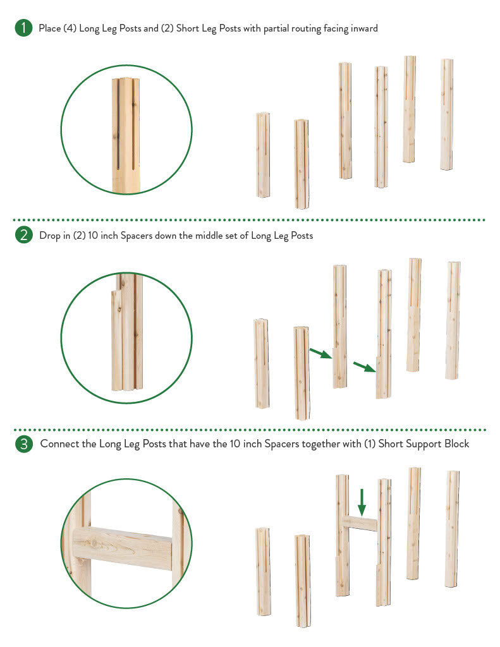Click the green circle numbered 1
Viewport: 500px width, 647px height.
[23, 28]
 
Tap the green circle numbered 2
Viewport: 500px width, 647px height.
[23, 235]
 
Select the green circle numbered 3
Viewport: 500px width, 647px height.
[23, 444]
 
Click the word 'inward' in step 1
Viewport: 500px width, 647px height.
[364, 28]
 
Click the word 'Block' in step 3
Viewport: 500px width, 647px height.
[456, 444]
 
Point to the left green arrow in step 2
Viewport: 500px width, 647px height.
[320, 353]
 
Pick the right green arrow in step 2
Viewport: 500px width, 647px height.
[364, 366]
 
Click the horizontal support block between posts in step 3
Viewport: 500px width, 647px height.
[360, 523]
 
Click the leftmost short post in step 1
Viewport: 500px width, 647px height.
[263, 155]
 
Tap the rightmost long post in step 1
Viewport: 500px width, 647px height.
[446, 114]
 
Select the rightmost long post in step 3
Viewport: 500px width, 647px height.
[452, 529]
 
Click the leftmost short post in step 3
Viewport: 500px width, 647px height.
[264, 571]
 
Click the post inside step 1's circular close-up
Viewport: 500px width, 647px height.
[126, 135]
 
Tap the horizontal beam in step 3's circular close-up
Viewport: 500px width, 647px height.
[122, 548]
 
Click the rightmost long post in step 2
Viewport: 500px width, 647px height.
[453, 320]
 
